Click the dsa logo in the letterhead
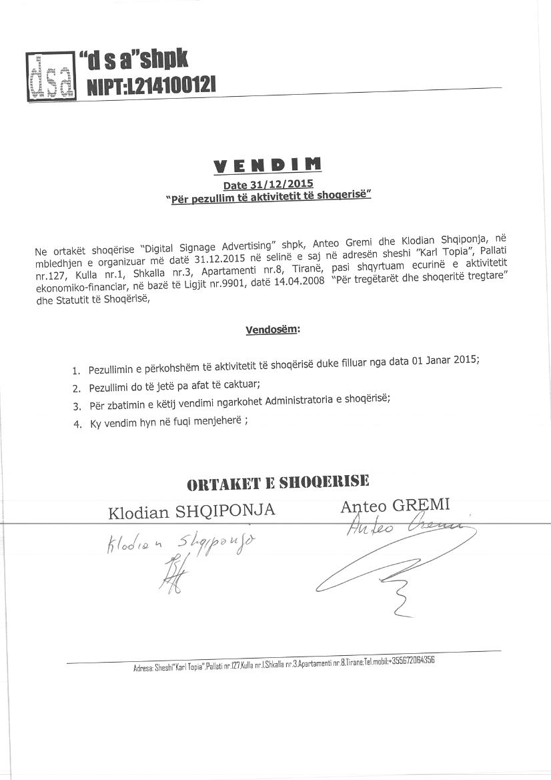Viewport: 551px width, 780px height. (x=50, y=77)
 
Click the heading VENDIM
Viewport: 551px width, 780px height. (x=267, y=165)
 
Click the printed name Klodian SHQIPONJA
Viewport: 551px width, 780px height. (x=192, y=512)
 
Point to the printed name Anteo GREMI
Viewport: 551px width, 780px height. (x=395, y=505)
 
